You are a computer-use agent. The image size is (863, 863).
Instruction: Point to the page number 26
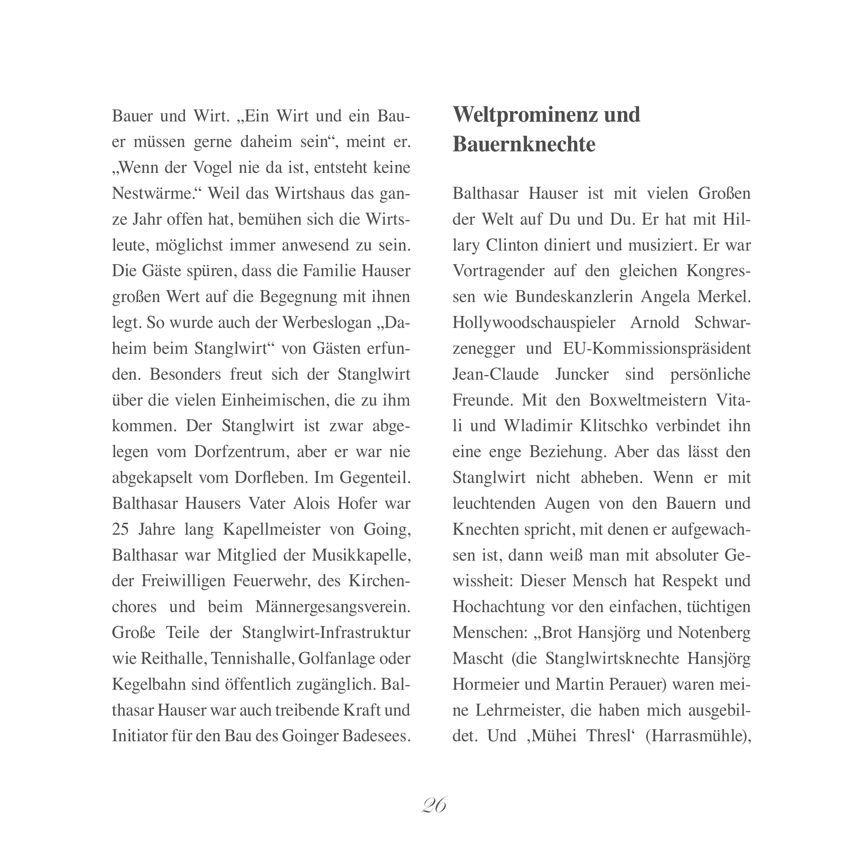click(x=434, y=805)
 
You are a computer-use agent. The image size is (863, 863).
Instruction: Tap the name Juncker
click(x=582, y=374)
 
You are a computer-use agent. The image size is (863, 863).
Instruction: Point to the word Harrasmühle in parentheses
click(x=697, y=736)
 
